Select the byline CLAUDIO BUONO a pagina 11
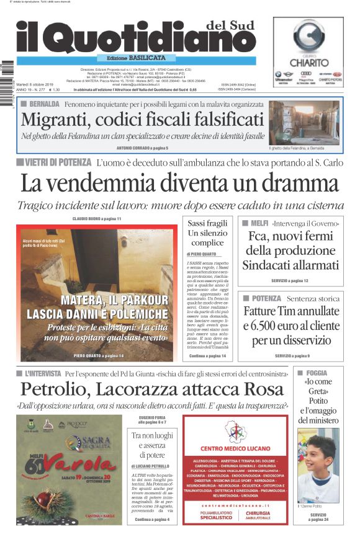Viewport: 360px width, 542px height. coord(97,219)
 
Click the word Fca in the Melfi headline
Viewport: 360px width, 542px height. coord(259,236)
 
